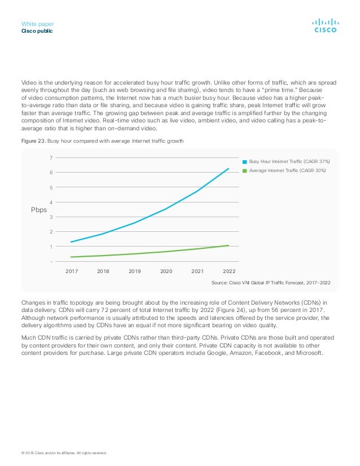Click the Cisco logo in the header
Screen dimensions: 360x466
pos(326,25)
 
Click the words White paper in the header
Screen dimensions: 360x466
pos(37,24)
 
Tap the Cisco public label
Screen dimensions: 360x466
pos(37,31)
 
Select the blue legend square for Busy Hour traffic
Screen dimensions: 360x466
pos(245,162)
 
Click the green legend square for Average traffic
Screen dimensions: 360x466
pos(245,170)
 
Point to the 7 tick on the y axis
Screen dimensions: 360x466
pos(51,157)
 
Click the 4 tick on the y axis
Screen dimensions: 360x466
pos(51,202)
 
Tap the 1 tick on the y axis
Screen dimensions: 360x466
pos(51,247)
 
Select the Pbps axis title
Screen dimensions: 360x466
pos(39,210)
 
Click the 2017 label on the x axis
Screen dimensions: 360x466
pos(72,271)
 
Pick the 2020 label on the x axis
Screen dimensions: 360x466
pos(166,271)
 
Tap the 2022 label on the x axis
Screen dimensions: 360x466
pos(229,271)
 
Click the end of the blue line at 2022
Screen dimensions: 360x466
pos(229,169)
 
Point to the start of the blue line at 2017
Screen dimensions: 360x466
pos(71,242)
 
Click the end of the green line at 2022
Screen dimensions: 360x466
pos(229,245)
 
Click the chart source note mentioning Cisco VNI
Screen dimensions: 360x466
pos(271,283)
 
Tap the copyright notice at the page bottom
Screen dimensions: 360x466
pos(64,453)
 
